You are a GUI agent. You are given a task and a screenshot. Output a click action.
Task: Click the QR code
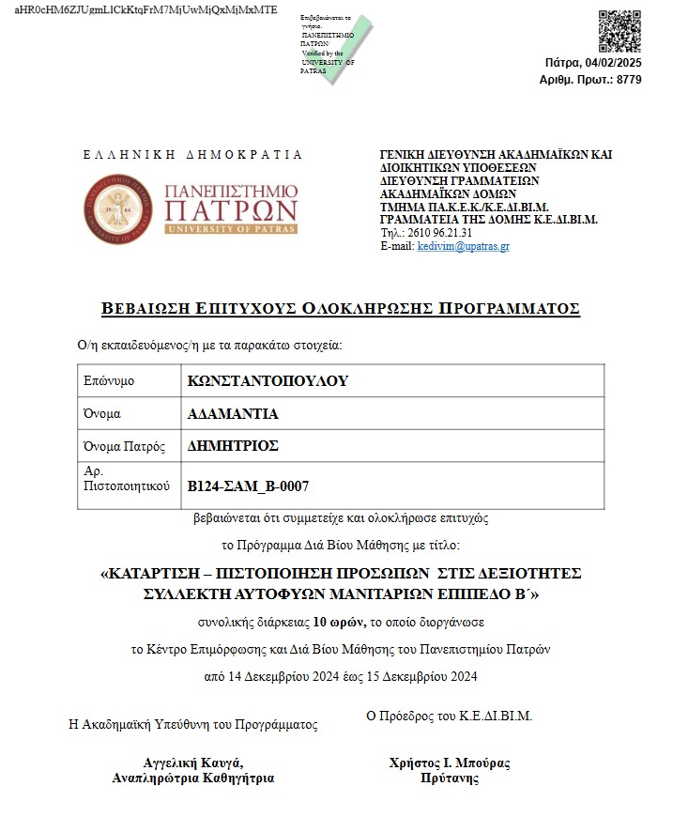(x=619, y=32)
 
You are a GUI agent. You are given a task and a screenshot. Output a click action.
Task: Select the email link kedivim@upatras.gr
(x=463, y=246)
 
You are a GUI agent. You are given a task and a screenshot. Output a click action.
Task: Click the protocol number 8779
(x=629, y=80)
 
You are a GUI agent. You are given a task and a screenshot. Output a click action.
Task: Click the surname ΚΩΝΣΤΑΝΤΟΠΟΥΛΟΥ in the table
(x=268, y=381)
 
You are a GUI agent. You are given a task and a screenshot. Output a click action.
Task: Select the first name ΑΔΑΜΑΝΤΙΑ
(x=234, y=413)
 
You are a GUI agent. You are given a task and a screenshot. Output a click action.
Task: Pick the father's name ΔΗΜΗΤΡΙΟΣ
(x=234, y=445)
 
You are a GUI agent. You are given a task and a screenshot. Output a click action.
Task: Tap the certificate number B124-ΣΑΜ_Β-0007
(x=249, y=486)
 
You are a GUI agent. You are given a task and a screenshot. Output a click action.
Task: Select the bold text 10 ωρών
(x=333, y=622)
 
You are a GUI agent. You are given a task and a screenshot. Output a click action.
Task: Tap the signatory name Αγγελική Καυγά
(x=193, y=763)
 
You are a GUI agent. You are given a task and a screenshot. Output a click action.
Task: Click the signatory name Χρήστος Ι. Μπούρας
(x=450, y=763)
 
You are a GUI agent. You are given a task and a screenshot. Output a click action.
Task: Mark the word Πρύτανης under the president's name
(x=450, y=778)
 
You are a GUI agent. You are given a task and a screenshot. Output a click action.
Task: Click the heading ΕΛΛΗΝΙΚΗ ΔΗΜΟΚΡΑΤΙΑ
(x=193, y=154)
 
